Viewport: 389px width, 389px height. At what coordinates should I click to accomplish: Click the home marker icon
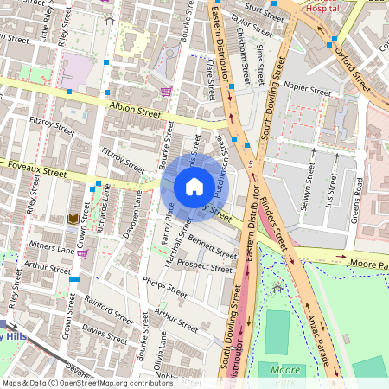(x=194, y=187)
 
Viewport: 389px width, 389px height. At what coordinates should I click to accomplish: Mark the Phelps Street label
(x=165, y=286)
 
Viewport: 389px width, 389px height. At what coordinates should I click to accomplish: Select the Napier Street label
(x=306, y=90)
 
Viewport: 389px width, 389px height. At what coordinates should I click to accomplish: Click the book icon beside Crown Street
(x=73, y=220)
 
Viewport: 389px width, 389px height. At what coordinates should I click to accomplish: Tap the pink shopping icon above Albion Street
(x=166, y=91)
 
